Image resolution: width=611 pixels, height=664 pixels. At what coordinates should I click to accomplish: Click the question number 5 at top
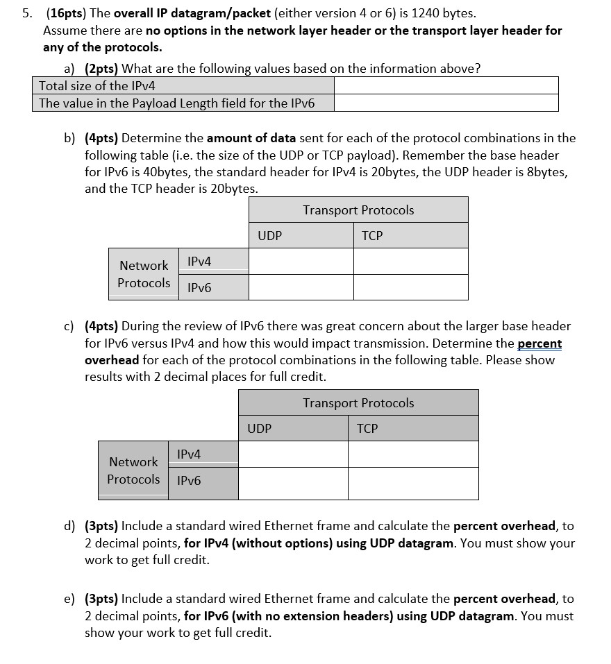[24, 13]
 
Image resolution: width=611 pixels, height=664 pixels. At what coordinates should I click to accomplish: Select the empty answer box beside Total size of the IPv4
[446, 85]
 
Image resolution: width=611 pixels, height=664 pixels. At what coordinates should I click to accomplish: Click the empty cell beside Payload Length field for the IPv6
[446, 103]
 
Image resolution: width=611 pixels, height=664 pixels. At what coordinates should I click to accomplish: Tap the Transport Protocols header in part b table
[358, 210]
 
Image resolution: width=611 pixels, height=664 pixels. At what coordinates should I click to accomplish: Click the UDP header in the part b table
[269, 236]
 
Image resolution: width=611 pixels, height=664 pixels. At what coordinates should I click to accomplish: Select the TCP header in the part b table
[372, 236]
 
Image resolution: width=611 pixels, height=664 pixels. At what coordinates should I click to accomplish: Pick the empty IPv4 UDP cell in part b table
[301, 262]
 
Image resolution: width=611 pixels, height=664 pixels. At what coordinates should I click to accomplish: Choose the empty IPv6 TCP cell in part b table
[410, 287]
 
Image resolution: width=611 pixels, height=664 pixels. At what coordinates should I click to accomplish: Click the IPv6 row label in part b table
[199, 287]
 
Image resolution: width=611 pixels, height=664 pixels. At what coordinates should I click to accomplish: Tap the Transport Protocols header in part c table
[358, 402]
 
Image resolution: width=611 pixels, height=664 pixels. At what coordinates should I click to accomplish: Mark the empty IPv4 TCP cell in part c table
[413, 454]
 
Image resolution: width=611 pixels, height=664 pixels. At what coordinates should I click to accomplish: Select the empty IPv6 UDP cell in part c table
[293, 484]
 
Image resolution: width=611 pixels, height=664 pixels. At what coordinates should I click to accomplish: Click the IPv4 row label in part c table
[189, 454]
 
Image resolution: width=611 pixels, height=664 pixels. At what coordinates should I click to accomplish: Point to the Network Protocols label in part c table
[133, 470]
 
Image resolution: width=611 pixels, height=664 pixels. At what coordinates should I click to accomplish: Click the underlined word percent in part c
[539, 343]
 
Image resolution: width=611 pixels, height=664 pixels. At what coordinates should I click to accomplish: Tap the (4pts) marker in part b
[101, 138]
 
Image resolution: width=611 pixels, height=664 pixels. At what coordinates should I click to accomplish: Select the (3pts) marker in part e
[101, 599]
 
